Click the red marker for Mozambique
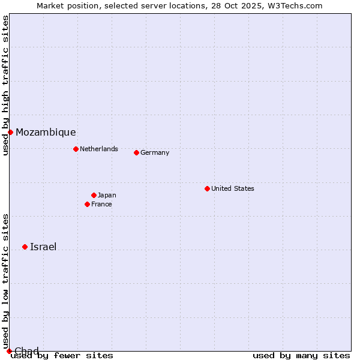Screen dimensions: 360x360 point(10,132)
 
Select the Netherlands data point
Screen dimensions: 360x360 point(76,149)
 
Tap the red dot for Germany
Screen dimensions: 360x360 point(136,152)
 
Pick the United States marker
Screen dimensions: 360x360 point(207,188)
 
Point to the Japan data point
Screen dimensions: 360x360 point(94,195)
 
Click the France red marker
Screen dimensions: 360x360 point(87,204)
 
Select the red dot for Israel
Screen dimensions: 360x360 point(25,247)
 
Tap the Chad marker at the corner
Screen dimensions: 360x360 point(9,351)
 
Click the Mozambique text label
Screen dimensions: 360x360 point(46,132)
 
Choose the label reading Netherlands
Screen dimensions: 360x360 point(99,149)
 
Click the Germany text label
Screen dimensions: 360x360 point(155,152)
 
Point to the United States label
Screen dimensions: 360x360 point(233,188)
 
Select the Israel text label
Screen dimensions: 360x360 point(43,247)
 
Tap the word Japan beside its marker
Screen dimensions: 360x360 point(107,195)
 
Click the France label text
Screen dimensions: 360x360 point(101,204)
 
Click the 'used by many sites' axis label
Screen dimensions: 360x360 point(301,355)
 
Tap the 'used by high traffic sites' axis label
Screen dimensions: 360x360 point(5,86)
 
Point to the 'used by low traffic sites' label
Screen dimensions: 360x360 point(5,282)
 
